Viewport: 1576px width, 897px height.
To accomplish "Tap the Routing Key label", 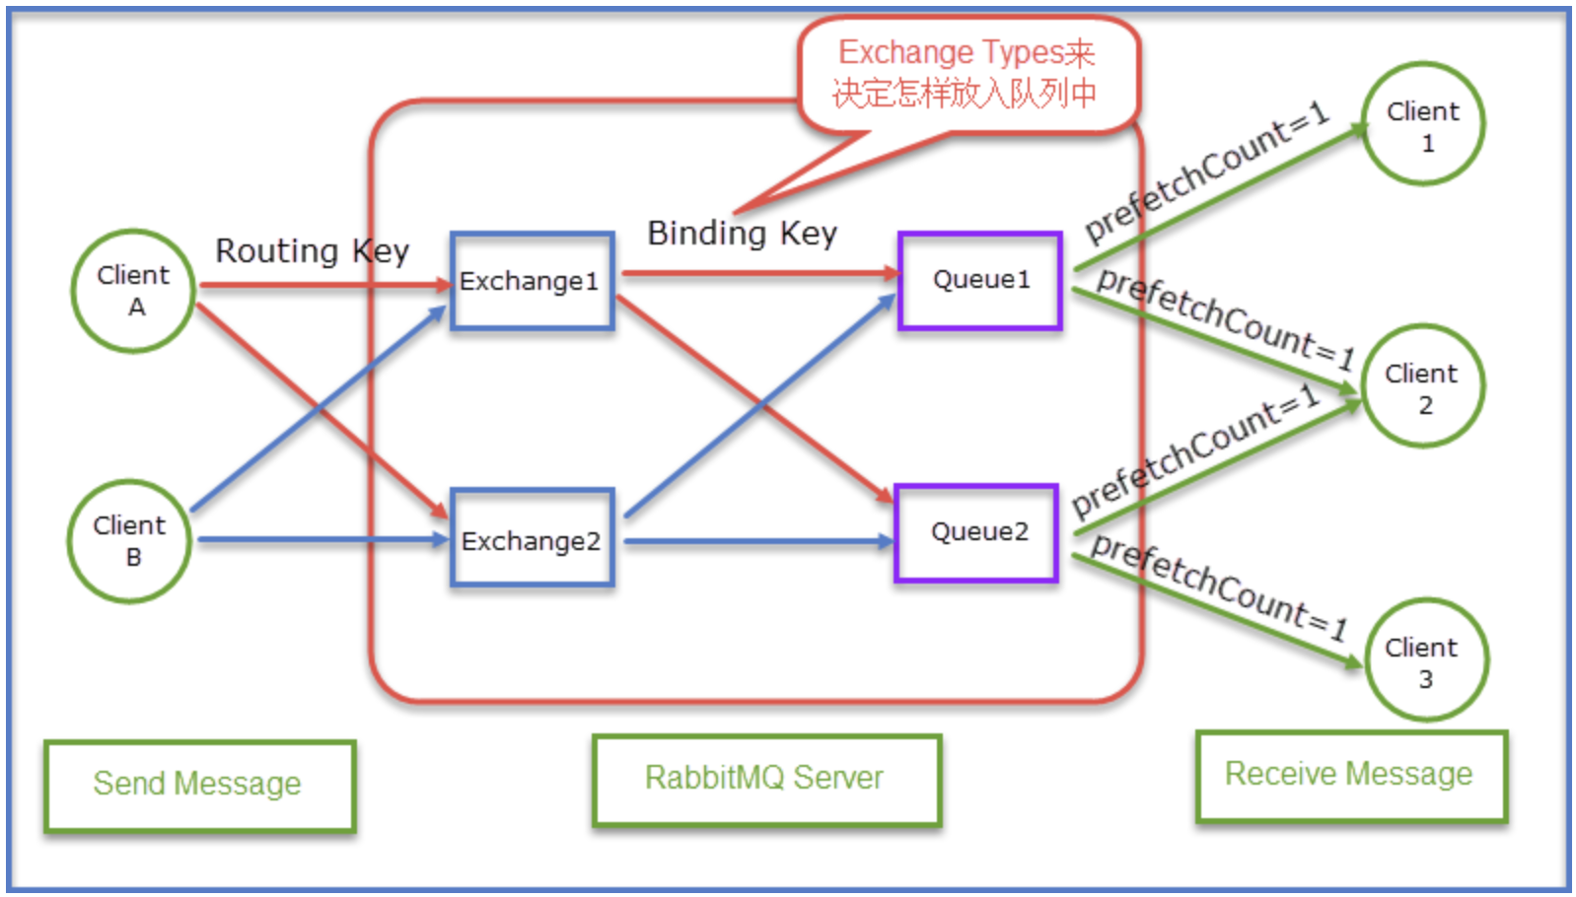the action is point(313,251).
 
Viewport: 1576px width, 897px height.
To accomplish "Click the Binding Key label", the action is point(743,234).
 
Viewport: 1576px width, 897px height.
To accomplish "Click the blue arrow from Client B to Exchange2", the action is point(322,540).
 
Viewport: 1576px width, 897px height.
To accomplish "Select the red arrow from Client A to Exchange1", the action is point(325,286).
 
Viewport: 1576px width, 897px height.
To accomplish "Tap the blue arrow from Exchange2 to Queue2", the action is point(758,541).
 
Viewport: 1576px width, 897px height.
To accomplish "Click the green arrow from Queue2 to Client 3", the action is point(1217,611).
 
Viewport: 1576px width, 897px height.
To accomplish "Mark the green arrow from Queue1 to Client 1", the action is point(1221,197).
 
